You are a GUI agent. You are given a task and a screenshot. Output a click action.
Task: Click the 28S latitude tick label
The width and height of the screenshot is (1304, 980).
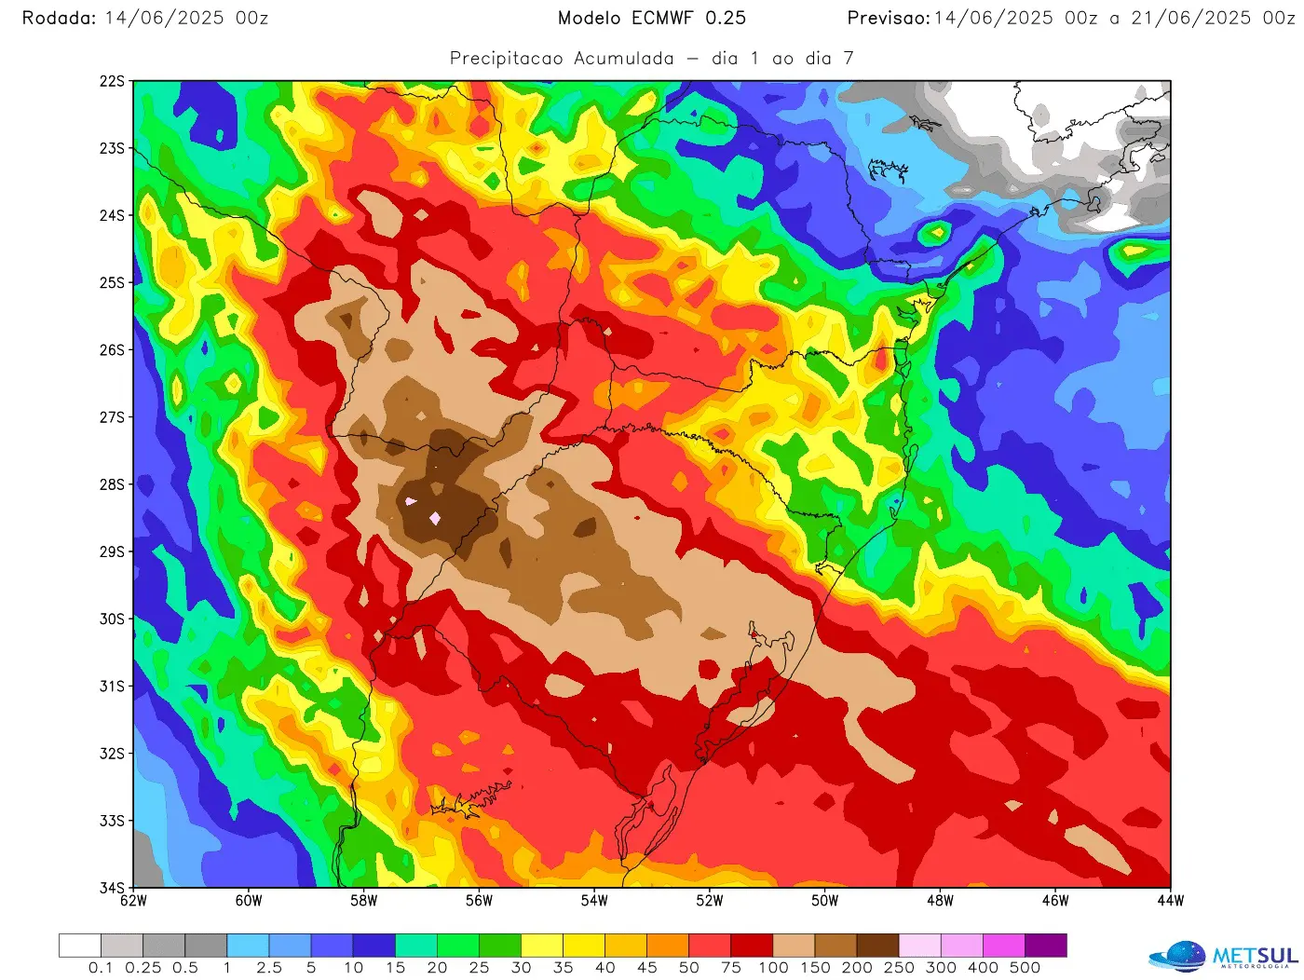click(x=112, y=484)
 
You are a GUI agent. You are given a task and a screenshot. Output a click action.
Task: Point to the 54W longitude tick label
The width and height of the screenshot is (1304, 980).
click(x=594, y=901)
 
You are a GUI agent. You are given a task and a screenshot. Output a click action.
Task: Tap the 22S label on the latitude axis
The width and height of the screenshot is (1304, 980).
click(x=112, y=81)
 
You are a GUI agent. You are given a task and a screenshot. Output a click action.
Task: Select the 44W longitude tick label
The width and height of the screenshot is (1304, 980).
click(x=1171, y=901)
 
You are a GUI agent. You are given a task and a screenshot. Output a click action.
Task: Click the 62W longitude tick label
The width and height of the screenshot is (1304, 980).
click(x=134, y=901)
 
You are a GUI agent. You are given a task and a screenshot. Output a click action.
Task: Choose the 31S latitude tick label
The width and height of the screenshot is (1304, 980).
click(x=112, y=687)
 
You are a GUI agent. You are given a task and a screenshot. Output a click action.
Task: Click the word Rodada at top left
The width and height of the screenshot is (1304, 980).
click(x=59, y=18)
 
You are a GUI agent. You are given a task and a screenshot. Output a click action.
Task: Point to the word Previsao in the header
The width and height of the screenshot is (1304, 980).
click(x=888, y=18)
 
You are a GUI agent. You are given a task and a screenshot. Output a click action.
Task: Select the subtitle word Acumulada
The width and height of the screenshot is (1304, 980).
click(x=623, y=58)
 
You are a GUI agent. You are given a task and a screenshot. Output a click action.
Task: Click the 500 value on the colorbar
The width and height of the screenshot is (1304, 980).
click(x=1025, y=968)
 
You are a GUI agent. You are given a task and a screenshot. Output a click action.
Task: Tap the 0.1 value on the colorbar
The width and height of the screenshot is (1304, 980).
click(x=101, y=968)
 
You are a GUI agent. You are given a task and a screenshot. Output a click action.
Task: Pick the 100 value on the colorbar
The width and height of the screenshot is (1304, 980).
click(x=773, y=968)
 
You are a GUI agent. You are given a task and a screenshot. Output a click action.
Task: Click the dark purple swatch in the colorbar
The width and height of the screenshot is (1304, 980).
click(x=1046, y=946)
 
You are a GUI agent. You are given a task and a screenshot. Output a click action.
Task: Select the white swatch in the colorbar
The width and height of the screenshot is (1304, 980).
click(x=79, y=946)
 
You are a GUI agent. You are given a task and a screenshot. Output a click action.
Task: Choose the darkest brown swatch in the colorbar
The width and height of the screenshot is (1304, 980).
click(x=877, y=946)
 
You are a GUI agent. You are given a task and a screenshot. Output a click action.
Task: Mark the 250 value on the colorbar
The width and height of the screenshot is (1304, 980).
click(x=899, y=968)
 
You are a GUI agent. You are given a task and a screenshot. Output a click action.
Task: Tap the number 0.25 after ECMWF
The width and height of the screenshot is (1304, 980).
click(x=726, y=18)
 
